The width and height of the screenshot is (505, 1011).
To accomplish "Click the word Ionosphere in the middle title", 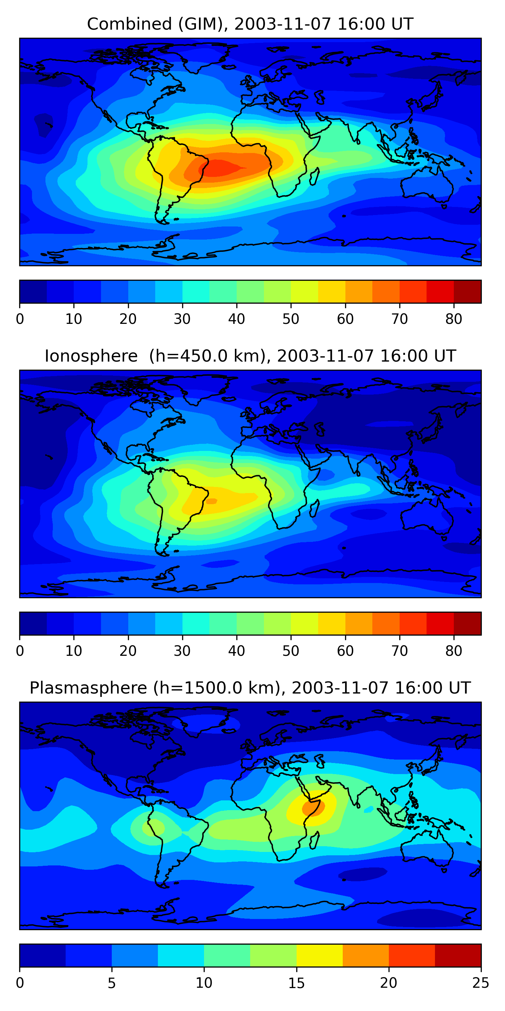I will click(x=91, y=356).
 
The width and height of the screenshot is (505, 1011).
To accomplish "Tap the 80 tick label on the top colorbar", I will click(x=453, y=319).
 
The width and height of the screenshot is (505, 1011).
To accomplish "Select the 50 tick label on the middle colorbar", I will click(x=291, y=651).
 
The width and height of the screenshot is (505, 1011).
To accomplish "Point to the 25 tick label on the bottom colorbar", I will click(x=481, y=983).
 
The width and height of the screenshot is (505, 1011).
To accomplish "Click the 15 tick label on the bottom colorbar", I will click(x=296, y=983).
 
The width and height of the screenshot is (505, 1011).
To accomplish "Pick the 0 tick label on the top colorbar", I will click(x=20, y=319).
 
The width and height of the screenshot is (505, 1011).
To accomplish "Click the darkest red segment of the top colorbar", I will click(x=467, y=292).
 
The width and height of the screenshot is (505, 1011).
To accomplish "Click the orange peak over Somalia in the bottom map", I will click(x=313, y=808).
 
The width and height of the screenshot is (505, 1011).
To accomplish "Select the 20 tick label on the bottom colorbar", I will click(x=389, y=983).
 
